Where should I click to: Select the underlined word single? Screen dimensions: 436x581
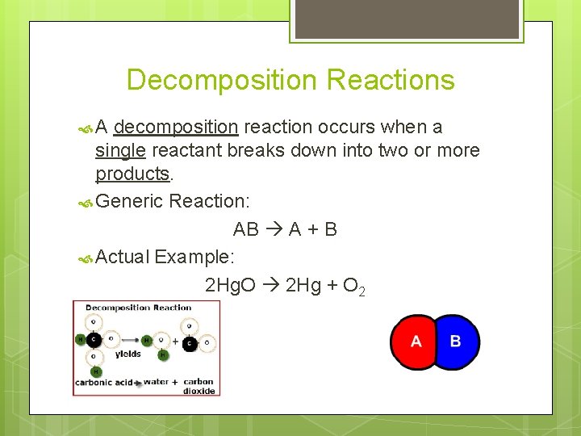[121, 150]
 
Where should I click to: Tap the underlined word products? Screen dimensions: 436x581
[132, 173]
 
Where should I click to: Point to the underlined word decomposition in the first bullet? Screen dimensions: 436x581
[176, 127]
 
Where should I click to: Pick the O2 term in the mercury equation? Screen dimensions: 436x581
[354, 286]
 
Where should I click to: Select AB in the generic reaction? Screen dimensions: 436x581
[246, 229]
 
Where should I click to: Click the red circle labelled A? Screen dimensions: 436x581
[414, 342]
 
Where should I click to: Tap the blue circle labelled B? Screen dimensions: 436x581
[458, 342]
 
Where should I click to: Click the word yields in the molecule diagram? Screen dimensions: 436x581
[127, 354]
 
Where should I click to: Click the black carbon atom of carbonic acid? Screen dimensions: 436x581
[94, 339]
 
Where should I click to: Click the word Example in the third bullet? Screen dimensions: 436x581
[194, 258]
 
